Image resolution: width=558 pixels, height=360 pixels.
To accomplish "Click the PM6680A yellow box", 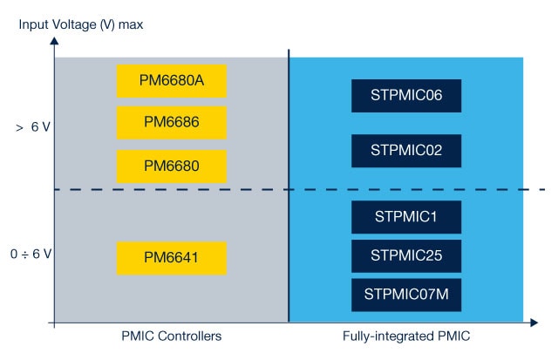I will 172,81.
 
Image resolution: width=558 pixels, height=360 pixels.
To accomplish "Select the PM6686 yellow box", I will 172,123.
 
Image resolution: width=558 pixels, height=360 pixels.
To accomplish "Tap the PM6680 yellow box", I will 172,166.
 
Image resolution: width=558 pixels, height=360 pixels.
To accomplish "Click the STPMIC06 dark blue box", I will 405,95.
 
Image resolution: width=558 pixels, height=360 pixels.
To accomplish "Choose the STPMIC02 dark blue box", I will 405,150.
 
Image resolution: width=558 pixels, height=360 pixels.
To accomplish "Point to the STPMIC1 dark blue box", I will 405,216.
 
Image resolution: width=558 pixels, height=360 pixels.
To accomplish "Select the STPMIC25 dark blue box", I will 405,255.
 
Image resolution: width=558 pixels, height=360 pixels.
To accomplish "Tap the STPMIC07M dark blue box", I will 405,295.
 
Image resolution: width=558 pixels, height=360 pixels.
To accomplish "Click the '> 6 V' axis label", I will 32,127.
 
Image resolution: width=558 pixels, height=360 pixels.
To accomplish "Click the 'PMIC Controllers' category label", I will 172,336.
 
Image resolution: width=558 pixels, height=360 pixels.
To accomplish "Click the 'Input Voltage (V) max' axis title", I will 81,24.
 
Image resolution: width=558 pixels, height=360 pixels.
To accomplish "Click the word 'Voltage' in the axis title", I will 74,24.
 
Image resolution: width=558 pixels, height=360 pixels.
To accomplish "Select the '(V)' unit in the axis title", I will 108,24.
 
